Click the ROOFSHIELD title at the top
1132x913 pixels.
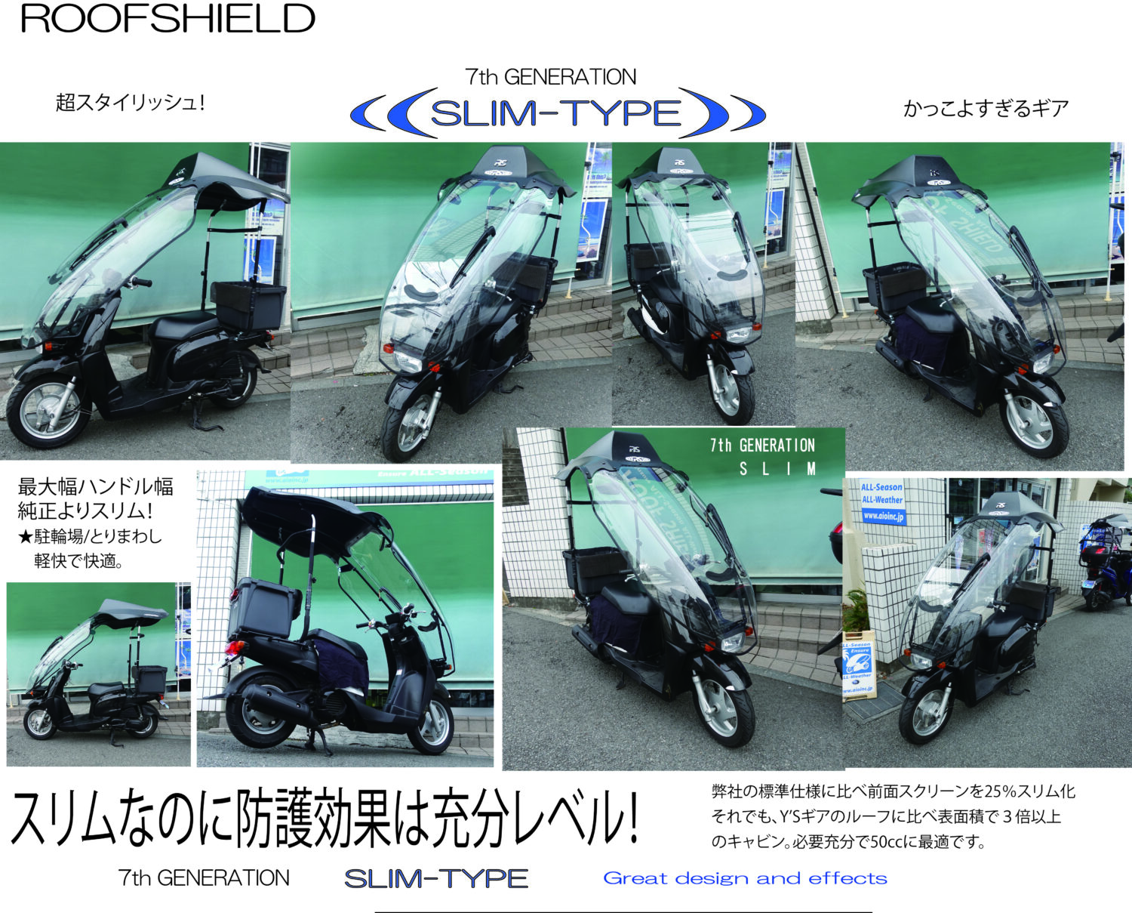(x=168, y=19)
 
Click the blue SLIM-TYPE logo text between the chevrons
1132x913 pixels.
(x=556, y=113)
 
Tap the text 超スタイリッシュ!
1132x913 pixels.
(x=130, y=102)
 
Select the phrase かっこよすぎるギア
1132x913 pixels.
(x=986, y=109)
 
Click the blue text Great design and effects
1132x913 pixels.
(x=745, y=878)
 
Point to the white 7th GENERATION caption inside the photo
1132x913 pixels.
(x=762, y=446)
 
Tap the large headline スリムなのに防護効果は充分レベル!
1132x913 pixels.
(x=325, y=819)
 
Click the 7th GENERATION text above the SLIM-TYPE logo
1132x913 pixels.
(x=551, y=77)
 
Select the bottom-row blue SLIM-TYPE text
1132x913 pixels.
(x=436, y=878)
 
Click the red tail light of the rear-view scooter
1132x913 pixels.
(x=235, y=648)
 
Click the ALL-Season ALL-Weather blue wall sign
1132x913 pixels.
(x=882, y=502)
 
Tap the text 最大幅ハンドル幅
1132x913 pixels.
(x=96, y=487)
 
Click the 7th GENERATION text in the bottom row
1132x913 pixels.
(x=204, y=878)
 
